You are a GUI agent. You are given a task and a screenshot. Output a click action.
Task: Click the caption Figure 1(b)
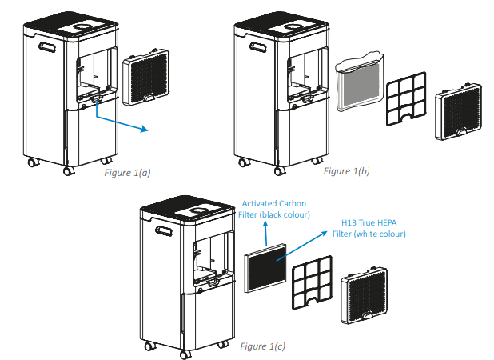(346, 171)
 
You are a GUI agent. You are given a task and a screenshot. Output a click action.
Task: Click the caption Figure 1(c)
(261, 346)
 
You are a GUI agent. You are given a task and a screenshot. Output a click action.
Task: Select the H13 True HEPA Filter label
(368, 229)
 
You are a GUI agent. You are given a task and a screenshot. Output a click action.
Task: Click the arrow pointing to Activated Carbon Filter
(265, 234)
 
